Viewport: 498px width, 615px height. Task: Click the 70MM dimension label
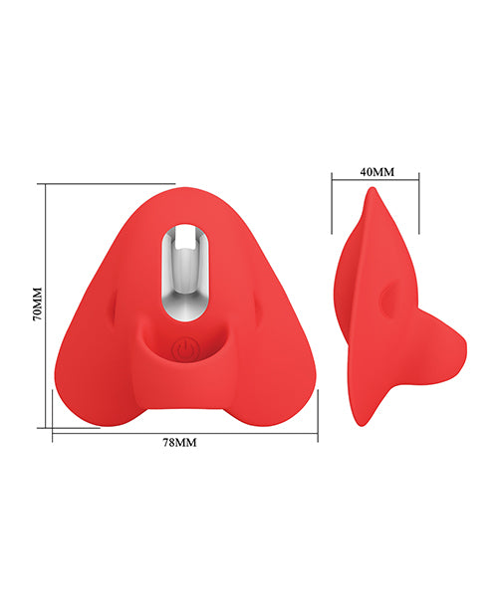pyautogui.click(x=36, y=305)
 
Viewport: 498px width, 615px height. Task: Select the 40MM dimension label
pyautogui.click(x=376, y=171)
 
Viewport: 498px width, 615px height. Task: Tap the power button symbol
pyautogui.click(x=184, y=349)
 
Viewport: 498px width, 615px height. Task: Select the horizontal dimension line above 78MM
pyautogui.click(x=184, y=431)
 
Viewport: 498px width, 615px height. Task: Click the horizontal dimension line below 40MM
pyautogui.click(x=375, y=180)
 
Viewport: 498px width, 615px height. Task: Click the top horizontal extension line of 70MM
pyautogui.click(x=110, y=183)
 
